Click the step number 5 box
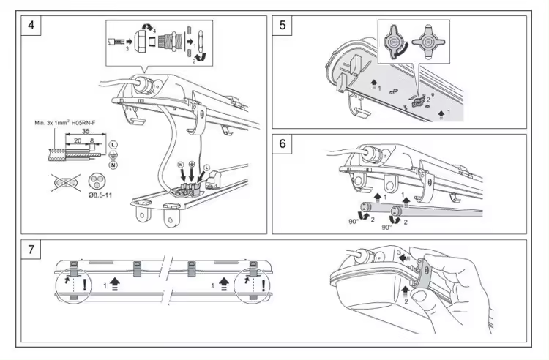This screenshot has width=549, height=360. point(282,25)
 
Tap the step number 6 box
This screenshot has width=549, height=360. point(282,143)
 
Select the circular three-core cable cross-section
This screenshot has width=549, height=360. point(95,181)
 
